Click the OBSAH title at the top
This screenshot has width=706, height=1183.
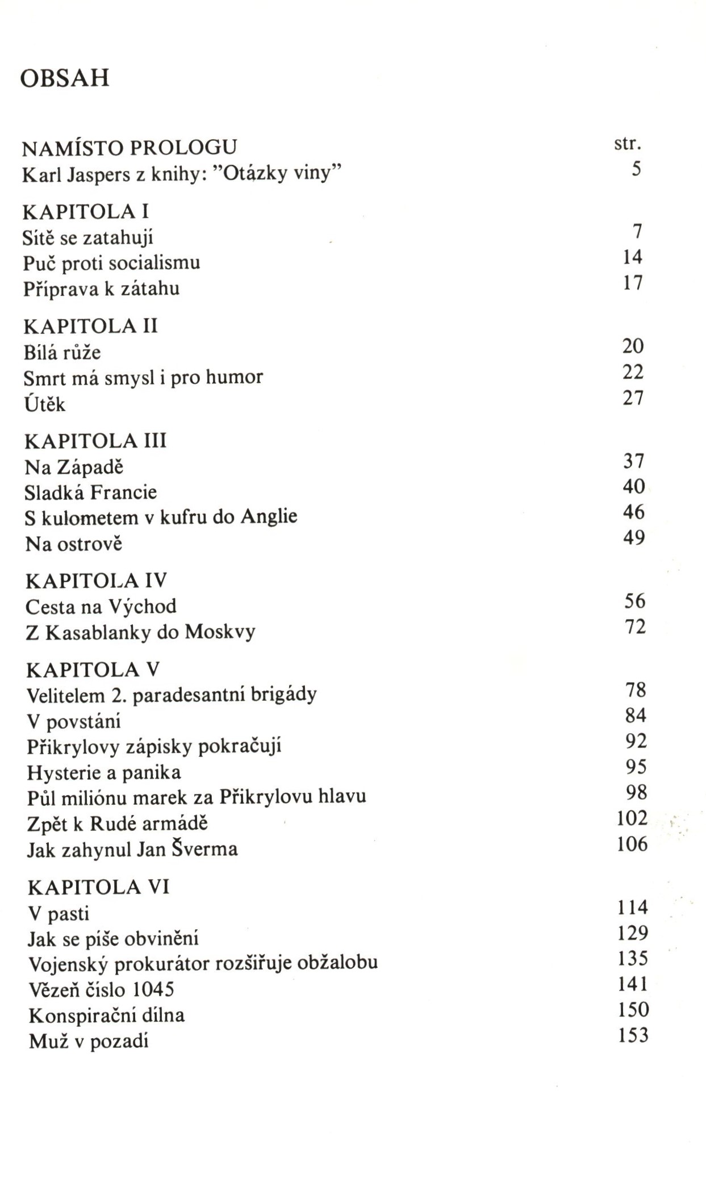click(64, 78)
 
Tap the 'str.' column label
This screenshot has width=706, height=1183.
click(627, 144)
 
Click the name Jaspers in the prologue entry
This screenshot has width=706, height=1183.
click(99, 174)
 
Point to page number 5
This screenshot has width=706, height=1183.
click(636, 169)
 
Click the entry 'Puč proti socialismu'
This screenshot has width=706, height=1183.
click(112, 263)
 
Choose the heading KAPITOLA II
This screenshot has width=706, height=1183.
click(91, 326)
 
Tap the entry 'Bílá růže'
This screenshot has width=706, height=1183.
click(62, 352)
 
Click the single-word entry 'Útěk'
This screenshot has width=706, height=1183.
click(45, 404)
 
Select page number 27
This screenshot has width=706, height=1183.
click(633, 398)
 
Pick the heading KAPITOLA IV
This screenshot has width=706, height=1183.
click(97, 580)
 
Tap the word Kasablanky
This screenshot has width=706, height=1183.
click(98, 632)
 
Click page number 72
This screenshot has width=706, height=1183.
click(636, 627)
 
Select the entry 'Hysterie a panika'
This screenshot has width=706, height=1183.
click(104, 772)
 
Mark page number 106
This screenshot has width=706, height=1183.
click(632, 845)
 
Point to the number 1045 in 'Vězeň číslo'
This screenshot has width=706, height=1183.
click(153, 990)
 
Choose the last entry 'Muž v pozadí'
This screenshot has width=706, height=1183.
click(89, 1041)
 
